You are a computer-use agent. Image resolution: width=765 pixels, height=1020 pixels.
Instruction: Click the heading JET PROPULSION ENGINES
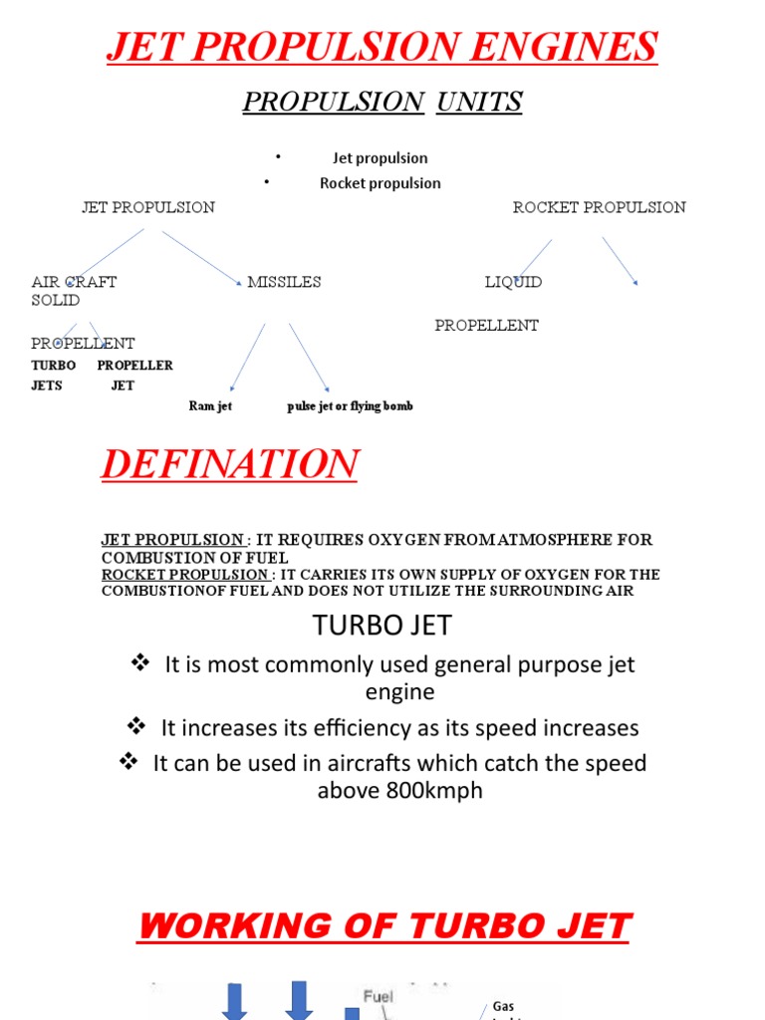(382, 47)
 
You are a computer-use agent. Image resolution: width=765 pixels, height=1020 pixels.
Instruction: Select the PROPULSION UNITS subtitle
(382, 102)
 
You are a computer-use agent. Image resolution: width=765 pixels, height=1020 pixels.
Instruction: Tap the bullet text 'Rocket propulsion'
(380, 183)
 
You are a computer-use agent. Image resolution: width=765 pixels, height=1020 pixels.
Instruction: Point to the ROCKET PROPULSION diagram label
(599, 207)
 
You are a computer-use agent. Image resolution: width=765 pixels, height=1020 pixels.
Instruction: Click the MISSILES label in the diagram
(284, 282)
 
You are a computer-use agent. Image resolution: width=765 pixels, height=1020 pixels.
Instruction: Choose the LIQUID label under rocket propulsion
(513, 282)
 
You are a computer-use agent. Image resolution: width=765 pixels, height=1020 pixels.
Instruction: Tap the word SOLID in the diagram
(56, 300)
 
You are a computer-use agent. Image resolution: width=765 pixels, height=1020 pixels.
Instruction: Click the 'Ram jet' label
(210, 406)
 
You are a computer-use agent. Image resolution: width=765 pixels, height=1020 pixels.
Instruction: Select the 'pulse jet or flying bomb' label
(350, 406)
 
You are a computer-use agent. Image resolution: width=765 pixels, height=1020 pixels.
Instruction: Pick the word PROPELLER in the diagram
(134, 366)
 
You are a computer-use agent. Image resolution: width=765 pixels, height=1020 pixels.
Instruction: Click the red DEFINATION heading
(229, 464)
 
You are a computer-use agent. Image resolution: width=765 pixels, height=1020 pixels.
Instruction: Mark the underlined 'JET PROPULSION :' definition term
(175, 540)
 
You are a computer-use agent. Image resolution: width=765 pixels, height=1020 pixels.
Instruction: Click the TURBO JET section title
(382, 626)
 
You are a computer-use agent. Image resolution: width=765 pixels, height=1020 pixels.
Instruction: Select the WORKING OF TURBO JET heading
(382, 926)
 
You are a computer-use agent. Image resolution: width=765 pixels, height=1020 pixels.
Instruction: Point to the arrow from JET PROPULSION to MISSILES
(202, 258)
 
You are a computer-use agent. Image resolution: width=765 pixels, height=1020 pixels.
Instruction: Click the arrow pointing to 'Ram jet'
(247, 357)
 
